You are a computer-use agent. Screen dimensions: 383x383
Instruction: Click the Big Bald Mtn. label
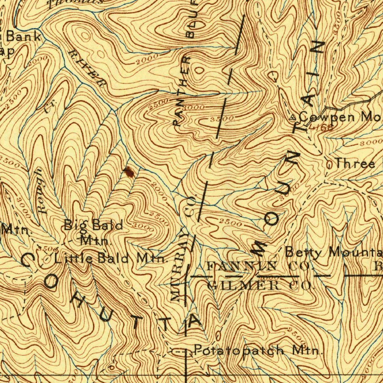(94, 232)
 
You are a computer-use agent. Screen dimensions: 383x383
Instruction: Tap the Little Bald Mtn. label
(110, 258)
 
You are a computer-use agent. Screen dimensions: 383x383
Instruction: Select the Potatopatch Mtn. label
(258, 350)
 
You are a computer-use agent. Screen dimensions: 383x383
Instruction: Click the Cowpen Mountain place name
(340, 117)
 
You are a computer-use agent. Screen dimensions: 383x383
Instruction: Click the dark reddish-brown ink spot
(129, 172)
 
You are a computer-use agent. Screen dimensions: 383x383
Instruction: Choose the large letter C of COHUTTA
(28, 260)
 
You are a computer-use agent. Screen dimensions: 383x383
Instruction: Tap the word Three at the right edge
(355, 163)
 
